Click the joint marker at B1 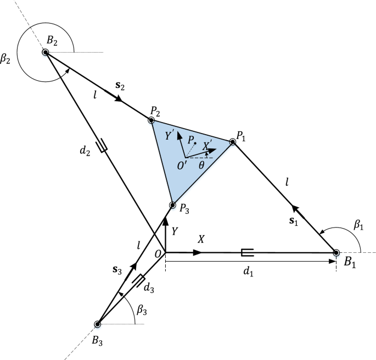(x=336, y=252)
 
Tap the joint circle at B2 (x=46, y=52)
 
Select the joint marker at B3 (x=98, y=324)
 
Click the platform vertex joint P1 (x=233, y=142)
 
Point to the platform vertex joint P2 (x=151, y=120)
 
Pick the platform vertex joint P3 (x=172, y=205)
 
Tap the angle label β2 (x=7, y=59)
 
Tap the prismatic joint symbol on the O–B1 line (x=248, y=252)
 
